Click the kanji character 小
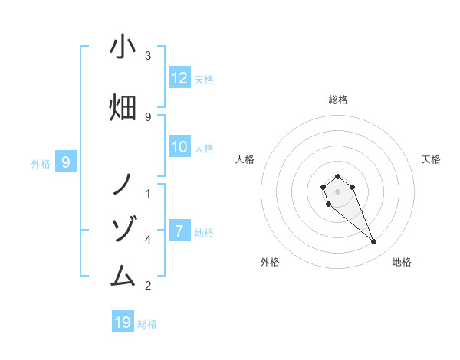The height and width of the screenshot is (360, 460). pyautogui.click(x=123, y=47)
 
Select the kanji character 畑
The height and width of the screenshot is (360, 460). pyautogui.click(x=123, y=106)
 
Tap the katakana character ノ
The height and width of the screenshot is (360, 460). pyautogui.click(x=123, y=184)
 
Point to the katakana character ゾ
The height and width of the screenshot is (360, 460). pyautogui.click(x=123, y=229)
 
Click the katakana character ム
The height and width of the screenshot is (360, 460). pyautogui.click(x=123, y=275)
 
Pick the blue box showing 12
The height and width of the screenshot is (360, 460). pyautogui.click(x=179, y=78)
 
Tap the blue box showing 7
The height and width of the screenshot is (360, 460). pyautogui.click(x=179, y=231)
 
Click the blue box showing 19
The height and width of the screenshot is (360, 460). pyautogui.click(x=123, y=322)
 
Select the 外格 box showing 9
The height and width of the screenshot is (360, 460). pyautogui.click(x=66, y=162)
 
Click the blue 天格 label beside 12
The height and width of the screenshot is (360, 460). pyautogui.click(x=204, y=79)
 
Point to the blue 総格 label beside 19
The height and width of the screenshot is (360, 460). pyautogui.click(x=147, y=323)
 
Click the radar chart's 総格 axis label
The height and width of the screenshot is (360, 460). pyautogui.click(x=337, y=100)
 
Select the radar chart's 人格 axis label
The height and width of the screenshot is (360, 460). pyautogui.click(x=245, y=159)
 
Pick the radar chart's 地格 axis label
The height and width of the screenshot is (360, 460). pyautogui.click(x=402, y=262)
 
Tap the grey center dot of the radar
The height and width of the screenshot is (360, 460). pyautogui.click(x=337, y=191)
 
